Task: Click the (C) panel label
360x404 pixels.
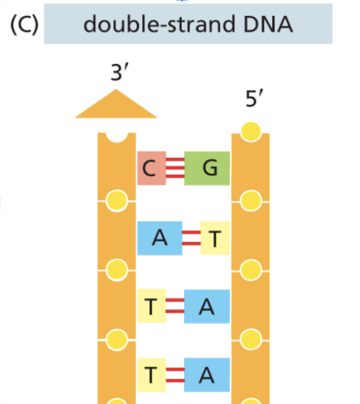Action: click(24, 25)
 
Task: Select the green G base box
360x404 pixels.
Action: click(207, 168)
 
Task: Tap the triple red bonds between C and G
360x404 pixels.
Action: click(175, 168)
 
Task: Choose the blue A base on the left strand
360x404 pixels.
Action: click(160, 238)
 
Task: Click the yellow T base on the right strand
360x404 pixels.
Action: click(215, 238)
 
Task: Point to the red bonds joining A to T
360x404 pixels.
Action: click(191, 238)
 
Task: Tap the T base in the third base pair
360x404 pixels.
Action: click(151, 306)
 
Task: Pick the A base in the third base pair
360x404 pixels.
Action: click(207, 306)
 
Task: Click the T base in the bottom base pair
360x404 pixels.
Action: click(151, 374)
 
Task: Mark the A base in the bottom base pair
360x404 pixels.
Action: click(207, 374)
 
